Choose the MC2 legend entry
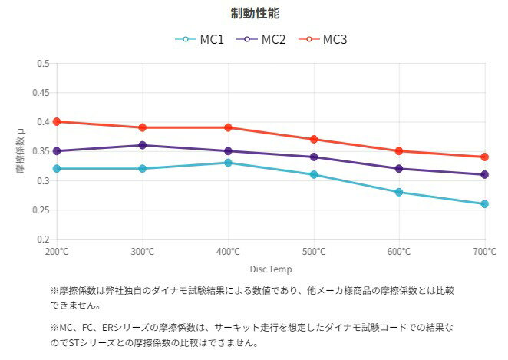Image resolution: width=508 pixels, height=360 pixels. (262, 39)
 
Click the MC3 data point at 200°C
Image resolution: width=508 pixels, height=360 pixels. (57, 121)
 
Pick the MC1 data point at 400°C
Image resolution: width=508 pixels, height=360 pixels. (228, 163)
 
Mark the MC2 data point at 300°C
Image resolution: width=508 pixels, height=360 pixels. (143, 145)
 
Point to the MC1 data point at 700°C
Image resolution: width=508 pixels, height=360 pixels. (484, 204)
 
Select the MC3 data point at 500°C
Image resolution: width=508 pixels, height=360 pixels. (314, 139)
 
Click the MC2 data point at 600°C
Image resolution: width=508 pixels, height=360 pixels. (399, 169)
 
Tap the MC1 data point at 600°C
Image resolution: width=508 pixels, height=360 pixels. (399, 192)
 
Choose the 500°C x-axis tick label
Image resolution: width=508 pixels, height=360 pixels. (314, 252)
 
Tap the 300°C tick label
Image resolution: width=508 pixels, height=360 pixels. (143, 252)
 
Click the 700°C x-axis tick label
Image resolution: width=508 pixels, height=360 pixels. (484, 252)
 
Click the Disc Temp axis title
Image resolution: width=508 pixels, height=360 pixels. (270, 269)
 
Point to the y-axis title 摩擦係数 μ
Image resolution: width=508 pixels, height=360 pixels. (21, 150)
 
